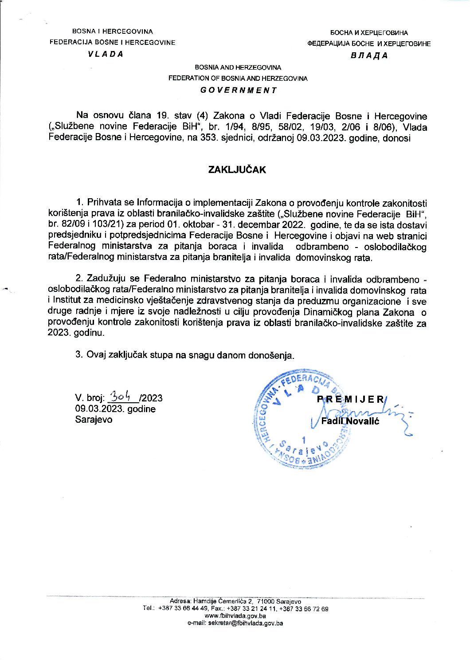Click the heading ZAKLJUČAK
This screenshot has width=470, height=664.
tap(237, 170)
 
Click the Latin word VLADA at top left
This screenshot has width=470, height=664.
tap(106, 54)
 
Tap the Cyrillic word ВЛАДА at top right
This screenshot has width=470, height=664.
tap(369, 55)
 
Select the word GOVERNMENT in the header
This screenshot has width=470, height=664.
tap(238, 90)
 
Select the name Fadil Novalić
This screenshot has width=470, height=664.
tap(350, 421)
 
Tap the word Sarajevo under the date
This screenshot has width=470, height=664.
tap(94, 420)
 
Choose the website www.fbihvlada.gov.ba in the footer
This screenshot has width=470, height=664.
tap(235, 616)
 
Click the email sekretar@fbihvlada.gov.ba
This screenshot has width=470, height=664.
tap(235, 623)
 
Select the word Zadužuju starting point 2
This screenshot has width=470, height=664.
tap(107, 279)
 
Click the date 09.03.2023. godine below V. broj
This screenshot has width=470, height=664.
tap(115, 409)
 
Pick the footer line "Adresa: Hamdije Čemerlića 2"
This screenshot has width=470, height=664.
tap(211, 601)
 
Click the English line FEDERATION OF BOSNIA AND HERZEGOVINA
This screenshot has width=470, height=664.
tap(238, 78)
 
